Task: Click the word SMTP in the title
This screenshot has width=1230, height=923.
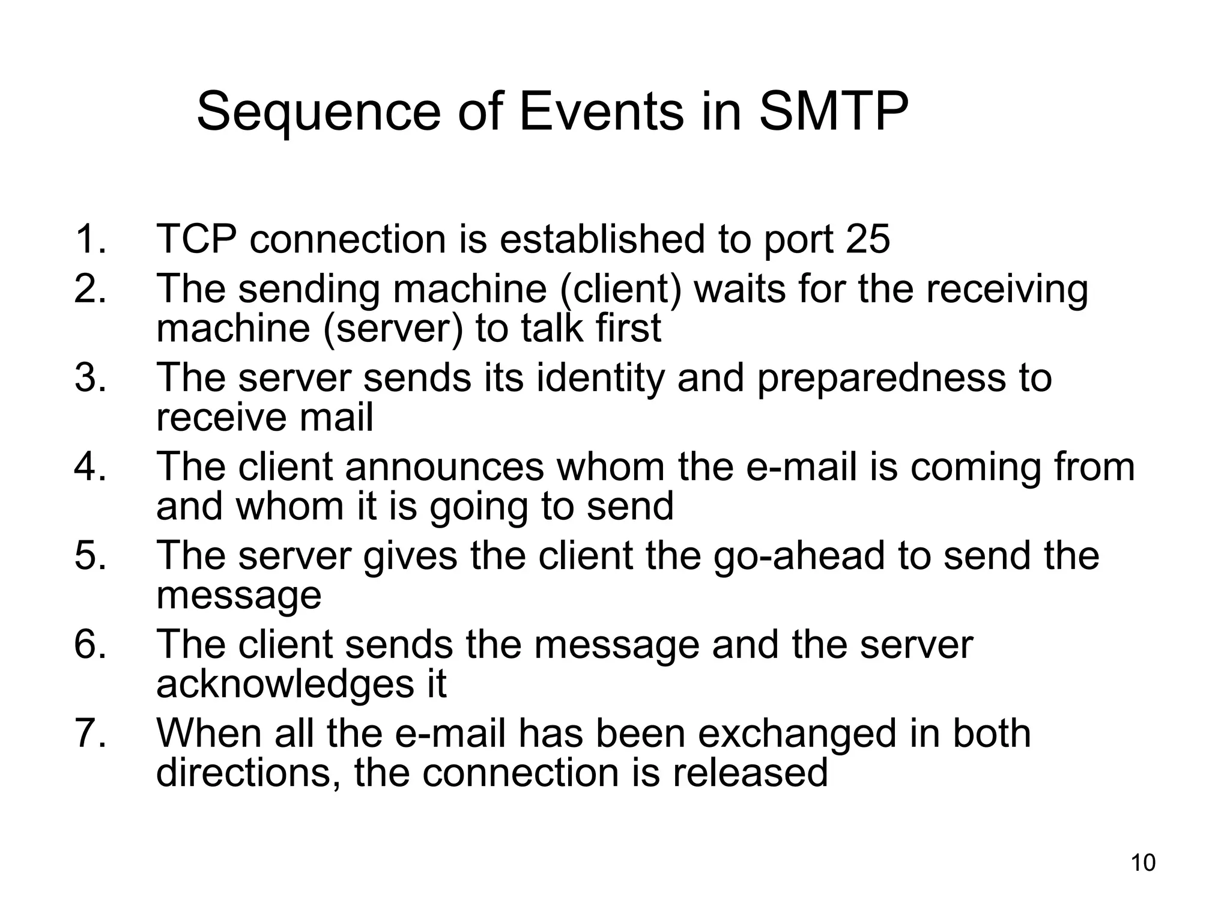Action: (x=834, y=112)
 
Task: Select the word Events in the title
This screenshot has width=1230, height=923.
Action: (x=601, y=112)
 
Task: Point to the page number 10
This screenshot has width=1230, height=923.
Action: (x=1143, y=863)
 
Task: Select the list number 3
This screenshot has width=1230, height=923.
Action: (x=90, y=378)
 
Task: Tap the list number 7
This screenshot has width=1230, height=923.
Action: (x=90, y=733)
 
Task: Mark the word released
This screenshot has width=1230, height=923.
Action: (x=750, y=773)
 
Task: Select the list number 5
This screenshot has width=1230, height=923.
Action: (x=90, y=555)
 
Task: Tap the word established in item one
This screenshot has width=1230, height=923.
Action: (x=601, y=239)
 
